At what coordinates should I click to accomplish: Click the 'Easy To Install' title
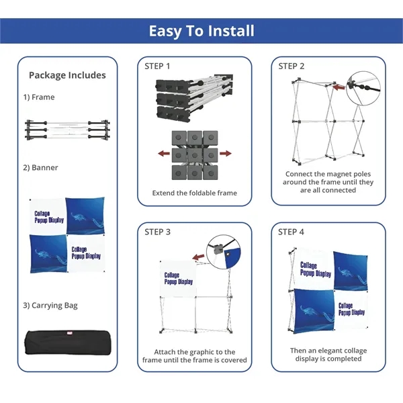coord(201,31)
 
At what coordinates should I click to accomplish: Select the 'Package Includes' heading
coord(67,75)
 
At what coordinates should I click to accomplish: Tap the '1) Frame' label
coord(39,97)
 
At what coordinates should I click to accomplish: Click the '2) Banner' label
coord(41,168)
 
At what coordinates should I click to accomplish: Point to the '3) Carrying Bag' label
coord(50,306)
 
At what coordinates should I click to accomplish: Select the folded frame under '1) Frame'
coord(67,130)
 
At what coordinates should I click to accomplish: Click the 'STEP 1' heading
coord(157,66)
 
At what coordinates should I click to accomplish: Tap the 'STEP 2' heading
coord(292,66)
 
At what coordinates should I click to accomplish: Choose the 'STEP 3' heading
coord(157,232)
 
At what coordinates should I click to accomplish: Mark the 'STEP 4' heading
coord(292,232)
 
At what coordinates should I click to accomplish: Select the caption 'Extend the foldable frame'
coord(195,193)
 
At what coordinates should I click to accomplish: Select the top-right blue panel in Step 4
coord(351,270)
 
